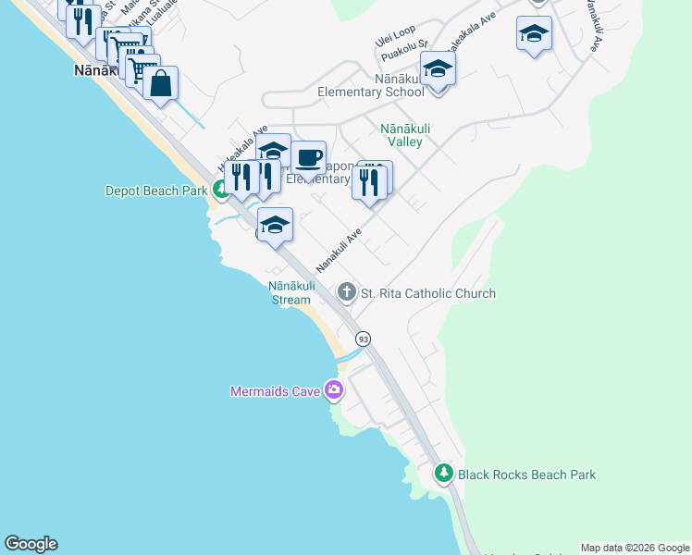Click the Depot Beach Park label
coord(156,191)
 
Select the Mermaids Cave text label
coord(275,391)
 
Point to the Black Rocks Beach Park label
coord(529,475)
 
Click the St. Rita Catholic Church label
coord(427,293)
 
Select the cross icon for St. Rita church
coord(347,293)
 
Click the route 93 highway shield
coord(363,339)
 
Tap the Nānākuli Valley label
coord(401,135)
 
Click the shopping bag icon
coord(160,83)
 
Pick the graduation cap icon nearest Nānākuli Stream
coord(275,225)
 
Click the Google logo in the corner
coord(31,544)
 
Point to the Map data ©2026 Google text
coord(636,548)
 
